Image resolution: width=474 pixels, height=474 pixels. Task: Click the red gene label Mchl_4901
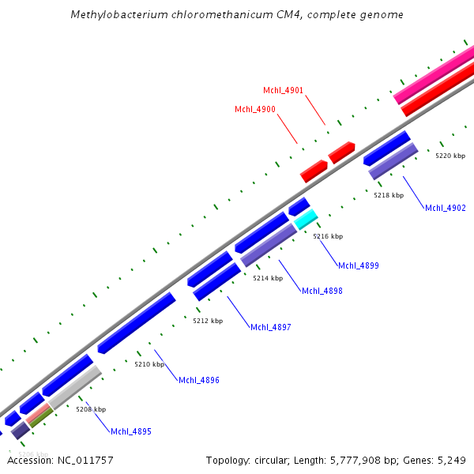click(283, 90)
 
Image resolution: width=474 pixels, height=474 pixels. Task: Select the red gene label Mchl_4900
click(255, 109)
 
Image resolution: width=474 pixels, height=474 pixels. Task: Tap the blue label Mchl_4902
click(446, 208)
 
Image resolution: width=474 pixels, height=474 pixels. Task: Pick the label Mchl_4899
click(359, 265)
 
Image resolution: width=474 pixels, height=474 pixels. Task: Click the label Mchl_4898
click(322, 291)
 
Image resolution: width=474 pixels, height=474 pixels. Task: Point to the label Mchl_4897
click(271, 327)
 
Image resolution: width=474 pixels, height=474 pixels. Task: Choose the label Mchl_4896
click(199, 380)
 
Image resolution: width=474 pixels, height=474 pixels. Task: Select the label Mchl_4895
click(131, 431)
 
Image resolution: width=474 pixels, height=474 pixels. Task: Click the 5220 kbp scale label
click(450, 156)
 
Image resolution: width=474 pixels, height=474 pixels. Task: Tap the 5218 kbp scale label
click(389, 195)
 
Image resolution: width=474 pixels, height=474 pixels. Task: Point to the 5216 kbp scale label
click(328, 236)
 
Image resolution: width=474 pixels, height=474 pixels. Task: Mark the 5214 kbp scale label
click(268, 278)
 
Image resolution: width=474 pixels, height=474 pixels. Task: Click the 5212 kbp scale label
click(208, 321)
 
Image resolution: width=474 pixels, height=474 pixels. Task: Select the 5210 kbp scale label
click(149, 364)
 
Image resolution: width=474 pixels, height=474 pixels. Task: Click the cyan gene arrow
click(307, 219)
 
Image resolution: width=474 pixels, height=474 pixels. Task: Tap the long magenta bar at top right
click(434, 77)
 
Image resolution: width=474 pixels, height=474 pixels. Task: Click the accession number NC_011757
click(85, 460)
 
